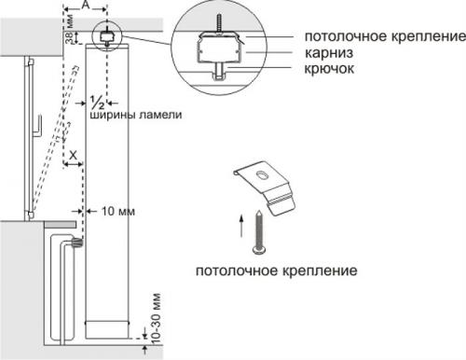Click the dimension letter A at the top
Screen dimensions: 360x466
[x=86, y=6]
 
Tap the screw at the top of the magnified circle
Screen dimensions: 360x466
[x=223, y=19]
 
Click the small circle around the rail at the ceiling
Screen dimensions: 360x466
[x=106, y=35]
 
